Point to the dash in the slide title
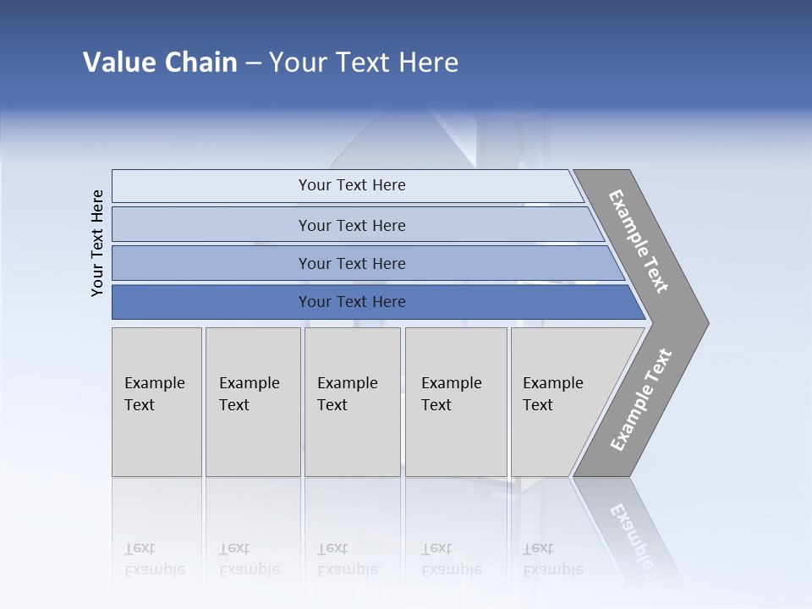click(x=253, y=63)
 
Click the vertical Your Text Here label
click(x=97, y=243)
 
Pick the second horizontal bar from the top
click(x=351, y=225)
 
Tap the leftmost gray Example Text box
click(x=156, y=402)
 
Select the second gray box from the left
click(x=252, y=402)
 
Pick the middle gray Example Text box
click(x=352, y=402)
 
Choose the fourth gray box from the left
click(x=456, y=402)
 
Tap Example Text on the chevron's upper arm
click(x=639, y=241)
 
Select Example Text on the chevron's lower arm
click(x=640, y=400)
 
